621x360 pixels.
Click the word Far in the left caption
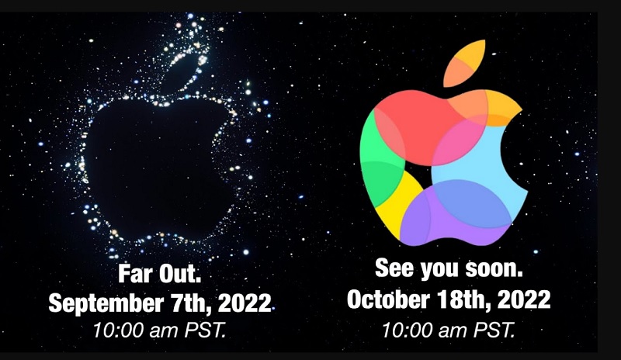click(x=134, y=275)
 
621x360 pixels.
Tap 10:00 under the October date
click(x=406, y=328)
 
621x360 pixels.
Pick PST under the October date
click(x=493, y=328)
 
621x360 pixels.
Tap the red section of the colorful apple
click(x=411, y=116)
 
